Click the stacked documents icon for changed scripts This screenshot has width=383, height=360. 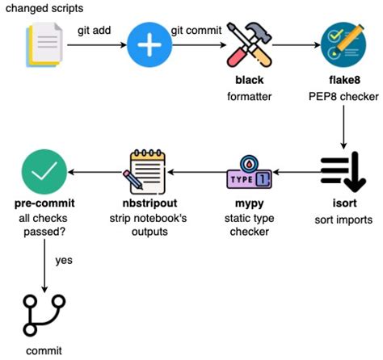[x=44, y=46]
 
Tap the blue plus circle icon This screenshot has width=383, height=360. [x=149, y=46]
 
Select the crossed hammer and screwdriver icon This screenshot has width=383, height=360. [x=250, y=46]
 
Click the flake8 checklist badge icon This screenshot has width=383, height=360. [x=344, y=46]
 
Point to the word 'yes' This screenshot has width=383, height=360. [x=65, y=261]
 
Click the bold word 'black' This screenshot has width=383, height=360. [x=250, y=82]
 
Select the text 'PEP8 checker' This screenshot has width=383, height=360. [x=344, y=97]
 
